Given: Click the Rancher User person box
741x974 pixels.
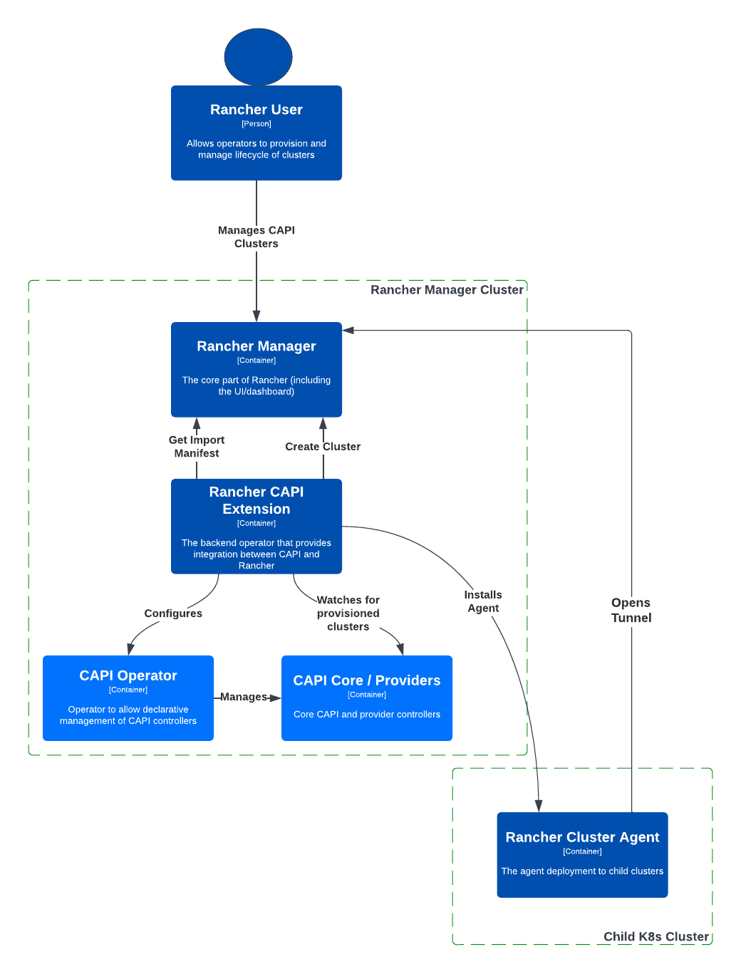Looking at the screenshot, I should pos(256,133).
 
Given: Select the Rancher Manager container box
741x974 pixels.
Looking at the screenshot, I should pos(256,369).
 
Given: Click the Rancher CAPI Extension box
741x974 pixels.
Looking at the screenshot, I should pos(256,526).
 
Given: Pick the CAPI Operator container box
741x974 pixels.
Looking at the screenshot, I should pos(128,698).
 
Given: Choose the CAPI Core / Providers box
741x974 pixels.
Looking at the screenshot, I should pos(367,698).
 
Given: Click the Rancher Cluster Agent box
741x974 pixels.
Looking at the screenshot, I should pos(582,854).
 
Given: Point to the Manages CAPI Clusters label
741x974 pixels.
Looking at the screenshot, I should pos(256,237).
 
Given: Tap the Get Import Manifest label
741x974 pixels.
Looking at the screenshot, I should pos(197,447).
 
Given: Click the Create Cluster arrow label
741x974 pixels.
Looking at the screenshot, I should pos(323,447).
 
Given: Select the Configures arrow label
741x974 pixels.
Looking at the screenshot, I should pos(173,613).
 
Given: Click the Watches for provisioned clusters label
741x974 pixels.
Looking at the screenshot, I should pos(348,613).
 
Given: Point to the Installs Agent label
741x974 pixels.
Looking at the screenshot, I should pos(483,601).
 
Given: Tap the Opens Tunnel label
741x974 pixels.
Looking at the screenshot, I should pos(631,611).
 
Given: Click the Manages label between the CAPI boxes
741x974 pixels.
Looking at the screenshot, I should pos(243,697).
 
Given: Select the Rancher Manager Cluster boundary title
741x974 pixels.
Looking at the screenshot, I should pos(447,290).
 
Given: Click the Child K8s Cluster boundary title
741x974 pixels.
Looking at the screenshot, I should pos(656,936).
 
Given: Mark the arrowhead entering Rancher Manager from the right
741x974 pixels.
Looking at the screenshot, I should pos(348,331).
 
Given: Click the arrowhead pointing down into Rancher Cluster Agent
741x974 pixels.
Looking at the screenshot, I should pos(539,806).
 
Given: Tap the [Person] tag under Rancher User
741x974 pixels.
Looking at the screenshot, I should pos(256,124).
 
